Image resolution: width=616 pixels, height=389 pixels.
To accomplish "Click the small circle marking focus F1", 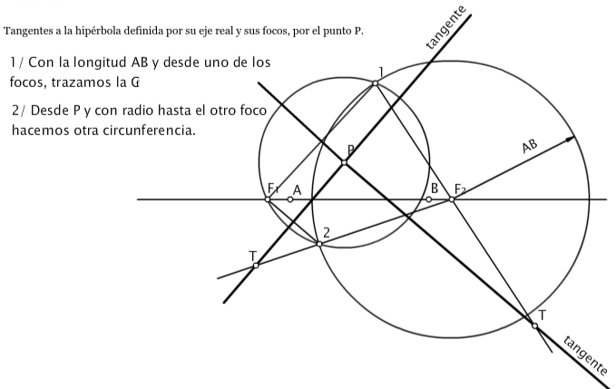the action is (x=268, y=199).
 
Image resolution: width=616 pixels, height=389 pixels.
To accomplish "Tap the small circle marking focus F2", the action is (x=451, y=199).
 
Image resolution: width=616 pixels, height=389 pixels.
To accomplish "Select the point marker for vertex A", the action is (x=290, y=199).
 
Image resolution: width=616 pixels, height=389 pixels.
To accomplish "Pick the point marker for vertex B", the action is (x=429, y=199).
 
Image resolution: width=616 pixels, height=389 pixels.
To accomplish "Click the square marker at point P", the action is (x=344, y=162).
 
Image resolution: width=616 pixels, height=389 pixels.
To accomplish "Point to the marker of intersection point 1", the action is (x=375, y=83).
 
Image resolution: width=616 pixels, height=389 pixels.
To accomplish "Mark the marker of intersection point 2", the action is (x=319, y=243).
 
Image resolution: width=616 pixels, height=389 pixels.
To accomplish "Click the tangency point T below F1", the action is (x=256, y=265).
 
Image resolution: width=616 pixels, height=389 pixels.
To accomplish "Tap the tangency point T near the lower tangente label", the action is (x=534, y=326).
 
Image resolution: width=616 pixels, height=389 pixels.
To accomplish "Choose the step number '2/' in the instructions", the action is (x=21, y=110).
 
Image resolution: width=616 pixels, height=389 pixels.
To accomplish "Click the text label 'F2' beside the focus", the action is (x=461, y=189).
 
